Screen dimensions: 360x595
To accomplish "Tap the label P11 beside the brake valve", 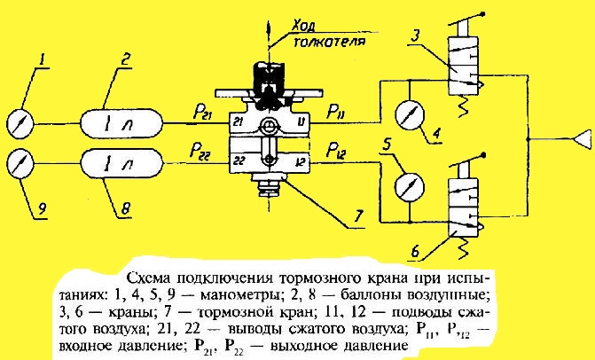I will click(336, 112).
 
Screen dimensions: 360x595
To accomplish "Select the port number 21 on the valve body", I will click(238, 121).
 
